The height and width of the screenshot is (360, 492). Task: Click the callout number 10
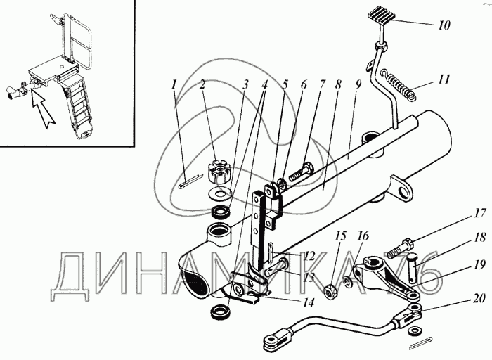coord(444,26)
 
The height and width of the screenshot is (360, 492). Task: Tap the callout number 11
coord(443,79)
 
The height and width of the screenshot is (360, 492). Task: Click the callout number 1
coord(173,86)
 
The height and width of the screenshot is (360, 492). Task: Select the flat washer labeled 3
coord(221,192)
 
